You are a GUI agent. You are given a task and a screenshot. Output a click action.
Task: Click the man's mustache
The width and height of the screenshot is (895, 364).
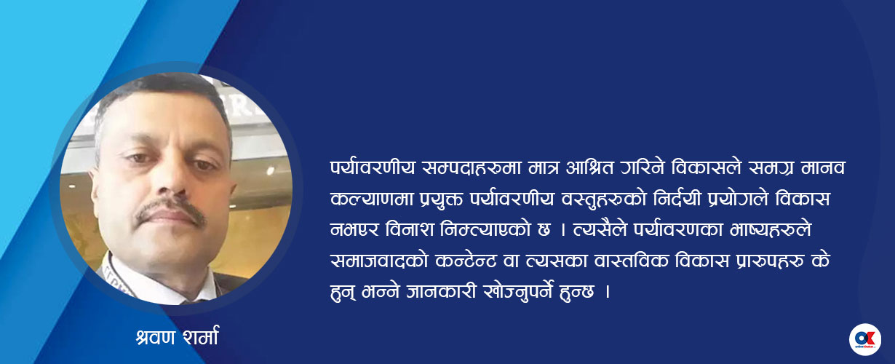(170, 211)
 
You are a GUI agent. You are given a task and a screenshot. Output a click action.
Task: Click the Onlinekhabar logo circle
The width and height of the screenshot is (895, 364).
(865, 339)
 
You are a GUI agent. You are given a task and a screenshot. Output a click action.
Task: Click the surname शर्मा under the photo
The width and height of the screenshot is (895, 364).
(201, 337)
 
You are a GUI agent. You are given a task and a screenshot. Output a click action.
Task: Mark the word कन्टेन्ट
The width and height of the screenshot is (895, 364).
(466, 261)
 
